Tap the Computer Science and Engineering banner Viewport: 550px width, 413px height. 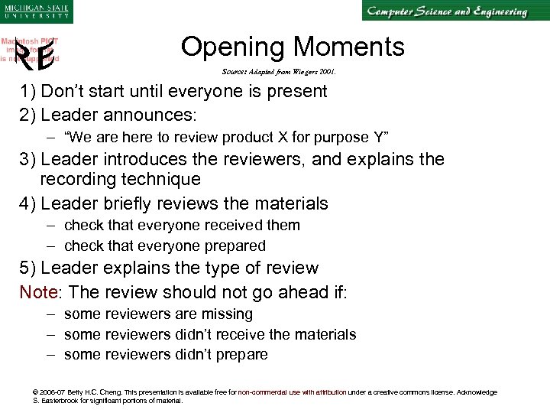tap(446, 12)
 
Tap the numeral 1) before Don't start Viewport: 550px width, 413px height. tap(28, 92)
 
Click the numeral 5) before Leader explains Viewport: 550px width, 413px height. tap(28, 268)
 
